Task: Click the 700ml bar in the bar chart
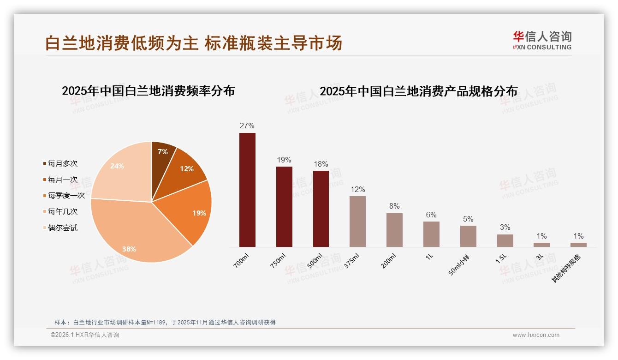tap(247, 190)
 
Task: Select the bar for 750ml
tap(284, 206)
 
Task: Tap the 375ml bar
tap(357, 221)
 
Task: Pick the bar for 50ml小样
tap(468, 236)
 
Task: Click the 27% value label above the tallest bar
tap(247, 126)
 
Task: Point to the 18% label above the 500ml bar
tap(321, 164)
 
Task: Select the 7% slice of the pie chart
tap(162, 152)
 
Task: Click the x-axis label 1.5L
tap(501, 258)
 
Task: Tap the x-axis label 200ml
tap(389, 261)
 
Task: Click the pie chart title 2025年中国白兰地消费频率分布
tap(148, 91)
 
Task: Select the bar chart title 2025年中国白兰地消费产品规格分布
tap(418, 91)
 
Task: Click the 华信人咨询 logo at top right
tap(542, 41)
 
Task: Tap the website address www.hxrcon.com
tap(536, 335)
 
